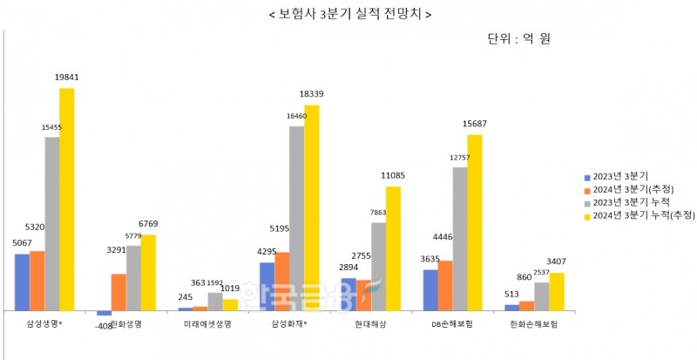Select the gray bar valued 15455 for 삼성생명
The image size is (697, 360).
point(52,223)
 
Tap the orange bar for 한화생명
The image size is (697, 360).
point(118,292)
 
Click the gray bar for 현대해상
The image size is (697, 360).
point(378,266)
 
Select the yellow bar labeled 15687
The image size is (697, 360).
point(474,222)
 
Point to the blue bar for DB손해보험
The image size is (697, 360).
point(430,289)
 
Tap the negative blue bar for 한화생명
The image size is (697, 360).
point(104,313)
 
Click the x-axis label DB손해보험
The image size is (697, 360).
point(453,324)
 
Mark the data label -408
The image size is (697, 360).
point(103,325)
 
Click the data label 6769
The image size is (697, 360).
point(149,224)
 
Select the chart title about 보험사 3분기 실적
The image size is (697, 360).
point(348,15)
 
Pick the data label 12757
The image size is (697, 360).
point(459,157)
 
